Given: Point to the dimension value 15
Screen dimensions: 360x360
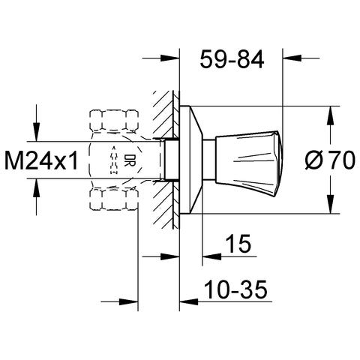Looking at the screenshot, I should coord(236,245).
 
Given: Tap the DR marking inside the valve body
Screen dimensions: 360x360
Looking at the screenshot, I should coord(128,160).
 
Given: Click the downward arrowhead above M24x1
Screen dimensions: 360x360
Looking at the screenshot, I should coord(35,133).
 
